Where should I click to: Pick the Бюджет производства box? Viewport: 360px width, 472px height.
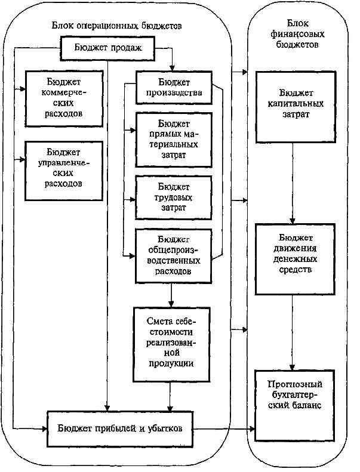[173, 87]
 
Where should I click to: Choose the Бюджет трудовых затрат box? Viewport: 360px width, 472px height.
[173, 197]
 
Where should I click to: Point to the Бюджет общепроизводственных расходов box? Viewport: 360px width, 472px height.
[173, 255]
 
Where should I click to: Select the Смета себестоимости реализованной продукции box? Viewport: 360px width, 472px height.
[171, 344]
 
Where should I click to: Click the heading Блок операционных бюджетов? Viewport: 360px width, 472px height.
[116, 27]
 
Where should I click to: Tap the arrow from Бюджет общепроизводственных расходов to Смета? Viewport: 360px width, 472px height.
[172, 294]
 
